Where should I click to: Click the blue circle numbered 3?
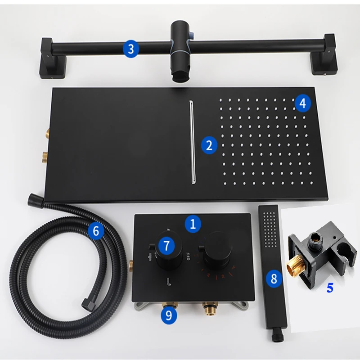tap(130, 48)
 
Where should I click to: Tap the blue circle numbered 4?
tap(302, 103)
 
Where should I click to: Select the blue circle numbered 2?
tap(209, 145)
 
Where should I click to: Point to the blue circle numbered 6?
tap(96, 231)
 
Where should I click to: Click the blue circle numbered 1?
tap(193, 224)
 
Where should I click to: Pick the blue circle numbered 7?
tap(166, 245)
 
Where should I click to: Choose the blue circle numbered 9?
tap(169, 315)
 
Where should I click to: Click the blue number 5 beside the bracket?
tap(330, 288)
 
